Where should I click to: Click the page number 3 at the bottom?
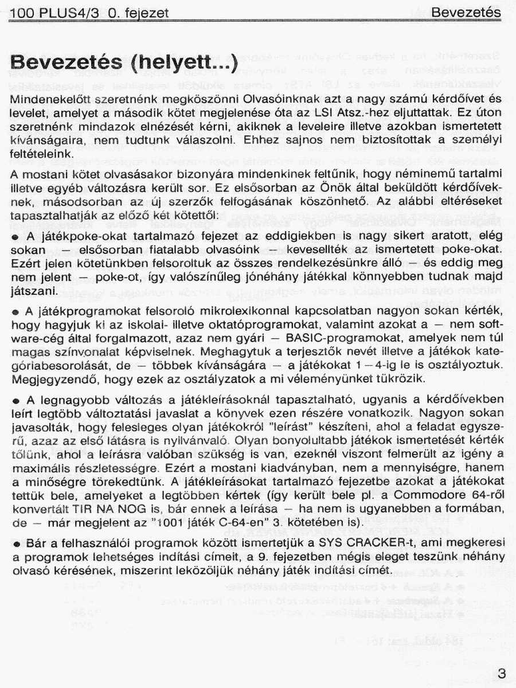tap(502, 674)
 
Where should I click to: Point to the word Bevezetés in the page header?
tap(466, 13)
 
